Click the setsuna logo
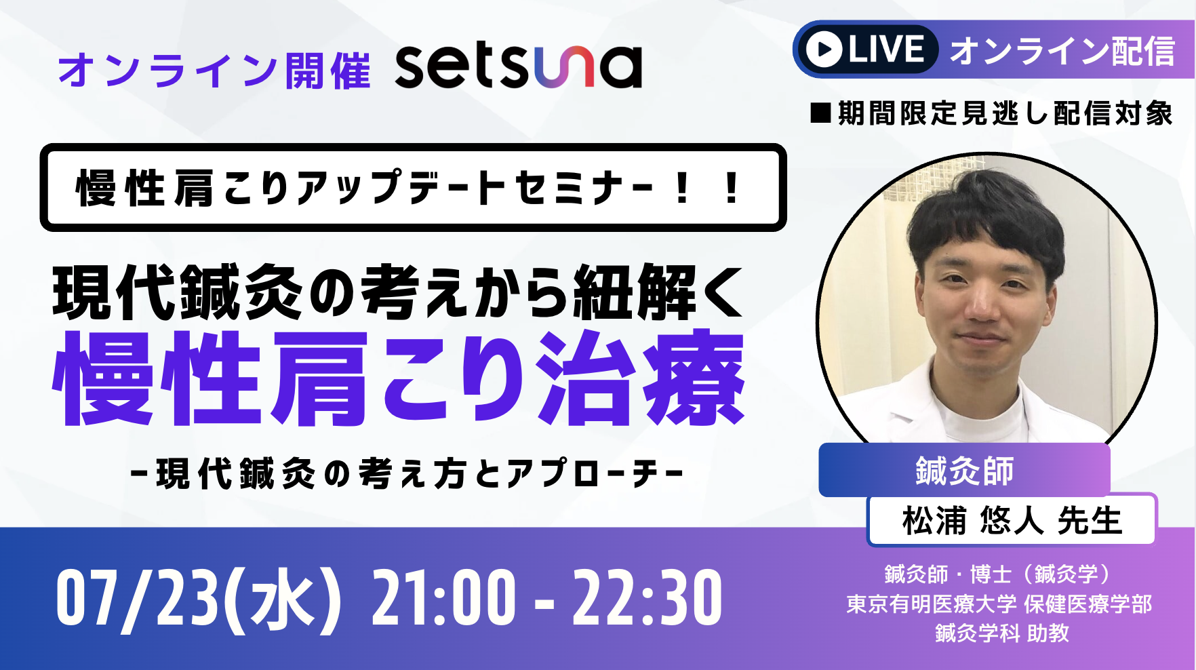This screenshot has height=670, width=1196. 518,66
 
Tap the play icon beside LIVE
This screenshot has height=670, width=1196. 824,50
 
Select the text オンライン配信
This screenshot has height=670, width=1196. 1062,51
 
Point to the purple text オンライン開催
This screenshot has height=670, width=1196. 214,70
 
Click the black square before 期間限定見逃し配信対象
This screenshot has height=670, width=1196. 821,113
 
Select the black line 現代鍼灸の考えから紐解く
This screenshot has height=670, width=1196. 399,292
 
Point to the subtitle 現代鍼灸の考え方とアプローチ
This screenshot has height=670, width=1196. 407,473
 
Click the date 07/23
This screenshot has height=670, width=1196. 138,598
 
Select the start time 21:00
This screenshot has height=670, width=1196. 443,598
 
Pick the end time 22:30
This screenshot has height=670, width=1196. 647,598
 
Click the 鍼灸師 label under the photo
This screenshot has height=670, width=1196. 964,471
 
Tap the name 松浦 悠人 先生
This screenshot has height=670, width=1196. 1012,520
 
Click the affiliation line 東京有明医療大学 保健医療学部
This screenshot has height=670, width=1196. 999,604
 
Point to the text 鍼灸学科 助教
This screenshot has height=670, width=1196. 1001,633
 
